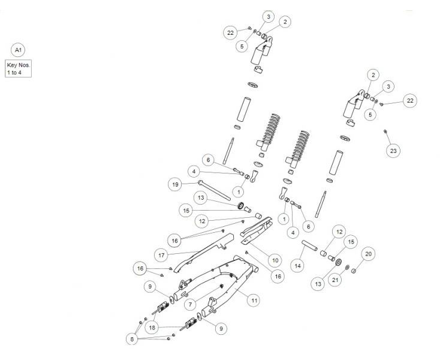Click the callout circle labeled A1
coord(19,50)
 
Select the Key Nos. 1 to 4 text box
coord(19,68)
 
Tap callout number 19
coord(174,185)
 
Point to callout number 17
coord(161,255)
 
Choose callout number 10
coord(275,260)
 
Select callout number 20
coord(369,254)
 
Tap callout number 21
coord(336,278)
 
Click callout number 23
coord(393,151)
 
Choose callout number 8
coord(132,340)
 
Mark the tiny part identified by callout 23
coord(385,130)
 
